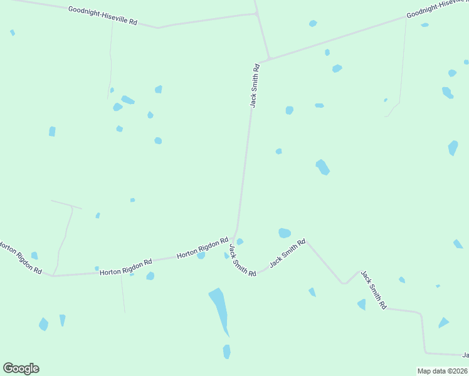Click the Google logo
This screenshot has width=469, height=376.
pos(21,368)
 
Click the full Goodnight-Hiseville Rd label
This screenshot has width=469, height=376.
pos(103,16)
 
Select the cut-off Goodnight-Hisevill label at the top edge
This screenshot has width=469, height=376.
pos(436,7)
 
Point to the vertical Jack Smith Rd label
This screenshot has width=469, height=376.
pos(255,85)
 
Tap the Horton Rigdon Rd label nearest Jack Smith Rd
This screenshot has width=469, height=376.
pos(202,248)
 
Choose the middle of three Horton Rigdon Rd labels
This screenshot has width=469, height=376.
pos(126,268)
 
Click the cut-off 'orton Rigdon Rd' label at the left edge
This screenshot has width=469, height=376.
pos(20,258)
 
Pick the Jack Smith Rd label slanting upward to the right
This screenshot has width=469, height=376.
pos(287,254)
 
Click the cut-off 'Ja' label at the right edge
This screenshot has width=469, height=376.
pos(465,355)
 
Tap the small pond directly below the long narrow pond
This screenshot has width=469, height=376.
pos(226,352)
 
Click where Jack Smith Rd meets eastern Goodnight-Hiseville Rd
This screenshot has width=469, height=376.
pos(269,60)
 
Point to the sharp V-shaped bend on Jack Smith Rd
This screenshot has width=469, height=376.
pos(344,283)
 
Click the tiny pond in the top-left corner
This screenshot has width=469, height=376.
pos(13,33)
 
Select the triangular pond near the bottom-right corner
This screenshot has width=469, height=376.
pos(443,323)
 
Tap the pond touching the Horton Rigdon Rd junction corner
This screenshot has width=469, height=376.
pos(240,242)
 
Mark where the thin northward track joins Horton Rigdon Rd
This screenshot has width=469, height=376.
pos(54,275)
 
